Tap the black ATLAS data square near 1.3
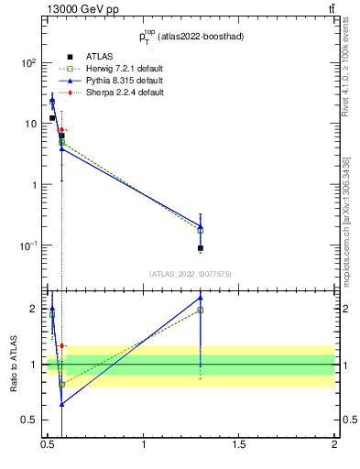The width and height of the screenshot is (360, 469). (200, 248)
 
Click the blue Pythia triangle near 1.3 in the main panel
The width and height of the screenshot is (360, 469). (200, 225)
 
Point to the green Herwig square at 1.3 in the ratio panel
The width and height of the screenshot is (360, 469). (200, 310)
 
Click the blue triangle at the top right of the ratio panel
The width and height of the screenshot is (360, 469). (200, 298)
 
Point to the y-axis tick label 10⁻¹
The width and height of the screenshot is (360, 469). (28, 245)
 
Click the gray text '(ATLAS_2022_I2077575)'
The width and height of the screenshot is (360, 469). (190, 274)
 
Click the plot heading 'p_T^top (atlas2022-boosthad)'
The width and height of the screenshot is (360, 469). (191, 38)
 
